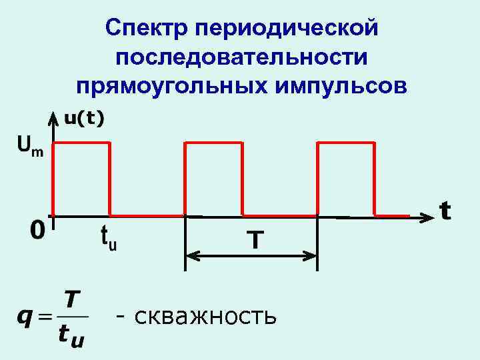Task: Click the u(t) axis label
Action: click(84, 119)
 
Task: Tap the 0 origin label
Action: click(37, 231)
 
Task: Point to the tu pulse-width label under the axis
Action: click(109, 237)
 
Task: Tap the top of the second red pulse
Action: click(213, 142)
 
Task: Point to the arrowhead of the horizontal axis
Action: click(427, 216)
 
